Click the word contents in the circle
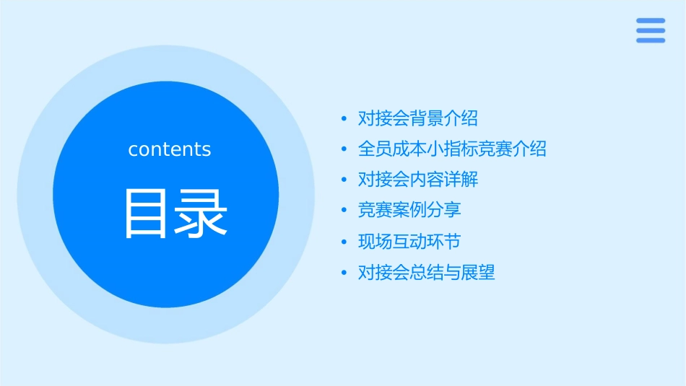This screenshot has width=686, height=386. pyautogui.click(x=169, y=149)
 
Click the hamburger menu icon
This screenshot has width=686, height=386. pyautogui.click(x=651, y=30)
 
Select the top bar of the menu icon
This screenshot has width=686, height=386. pyautogui.click(x=651, y=21)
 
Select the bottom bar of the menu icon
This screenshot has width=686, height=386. pyautogui.click(x=651, y=40)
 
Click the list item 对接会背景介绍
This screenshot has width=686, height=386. pyautogui.click(x=417, y=118)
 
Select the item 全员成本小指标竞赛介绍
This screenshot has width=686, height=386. pyautogui.click(x=452, y=149)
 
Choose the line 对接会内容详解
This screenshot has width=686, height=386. pyautogui.click(x=417, y=180)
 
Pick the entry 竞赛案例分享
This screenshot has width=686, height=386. pyautogui.click(x=409, y=210)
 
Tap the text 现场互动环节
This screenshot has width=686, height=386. pyautogui.click(x=409, y=242)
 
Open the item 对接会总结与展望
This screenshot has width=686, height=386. pyautogui.click(x=426, y=273)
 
